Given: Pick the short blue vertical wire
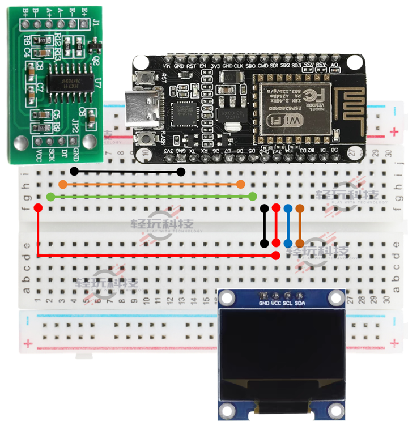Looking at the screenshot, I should (288, 225).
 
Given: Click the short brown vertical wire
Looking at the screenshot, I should (300, 225).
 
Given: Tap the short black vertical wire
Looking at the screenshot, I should (264, 225).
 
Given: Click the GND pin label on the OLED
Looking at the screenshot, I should (264, 303).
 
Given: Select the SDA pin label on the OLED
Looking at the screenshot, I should (300, 303).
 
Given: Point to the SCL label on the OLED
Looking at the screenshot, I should (288, 303).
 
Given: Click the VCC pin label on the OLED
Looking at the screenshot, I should (276, 303).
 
